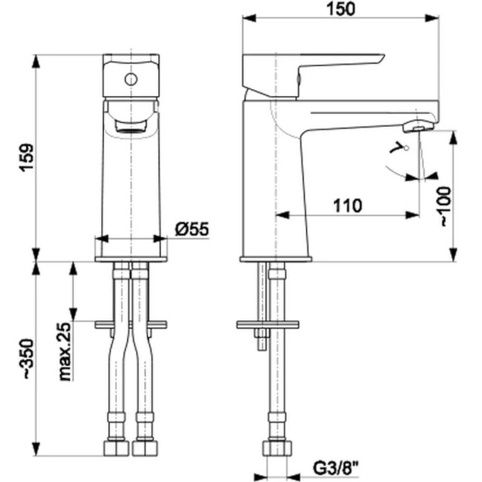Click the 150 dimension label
point(340,9)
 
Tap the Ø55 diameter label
point(192,229)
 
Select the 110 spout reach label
point(348,206)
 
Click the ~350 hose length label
point(26,358)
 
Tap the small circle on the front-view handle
point(131,80)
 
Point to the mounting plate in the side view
point(268,325)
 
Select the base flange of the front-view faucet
point(131,259)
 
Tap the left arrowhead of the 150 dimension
point(249,18)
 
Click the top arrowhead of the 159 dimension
point(36,61)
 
